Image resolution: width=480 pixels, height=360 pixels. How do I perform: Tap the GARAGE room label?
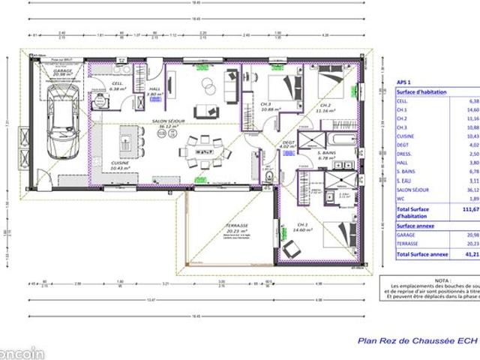click(63, 71)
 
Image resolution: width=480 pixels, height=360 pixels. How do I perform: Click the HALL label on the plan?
click(155, 90)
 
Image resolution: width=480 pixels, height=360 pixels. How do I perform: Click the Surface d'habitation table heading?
click(421, 91)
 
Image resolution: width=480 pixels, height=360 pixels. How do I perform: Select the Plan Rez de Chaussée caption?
click(416, 339)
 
